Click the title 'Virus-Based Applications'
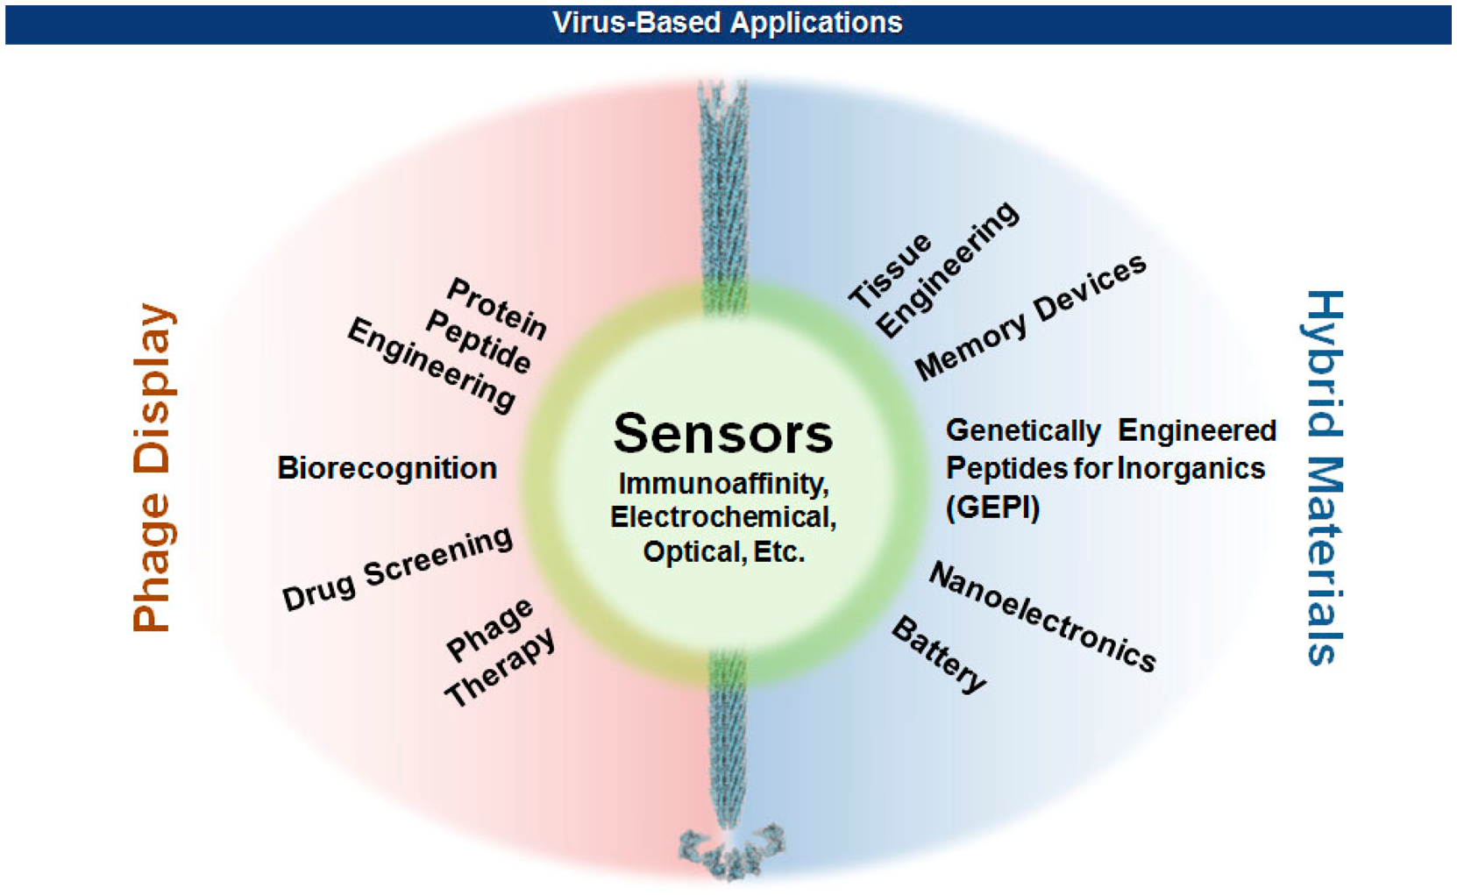[728, 23]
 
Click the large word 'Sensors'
[723, 433]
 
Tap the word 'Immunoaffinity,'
[723, 484]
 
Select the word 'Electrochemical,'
[723, 517]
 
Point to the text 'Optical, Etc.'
[723, 552]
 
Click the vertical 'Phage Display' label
[153, 467]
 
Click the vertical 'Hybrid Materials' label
[1322, 478]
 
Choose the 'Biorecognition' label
[387, 468]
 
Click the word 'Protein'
[497, 309]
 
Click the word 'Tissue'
[890, 271]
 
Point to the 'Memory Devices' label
[1030, 317]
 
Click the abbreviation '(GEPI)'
[992, 507]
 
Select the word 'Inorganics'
[1190, 469]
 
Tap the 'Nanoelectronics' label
[1042, 616]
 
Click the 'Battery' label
[939, 654]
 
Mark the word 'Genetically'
[1022, 431]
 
